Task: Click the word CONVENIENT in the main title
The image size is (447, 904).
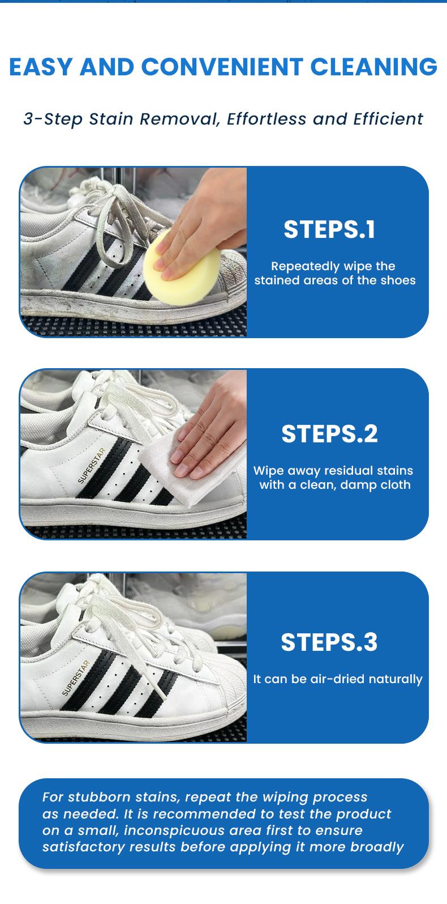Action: point(222,67)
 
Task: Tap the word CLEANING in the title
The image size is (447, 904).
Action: point(374,67)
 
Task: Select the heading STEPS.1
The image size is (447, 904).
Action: point(329,229)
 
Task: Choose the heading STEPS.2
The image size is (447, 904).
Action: point(329,434)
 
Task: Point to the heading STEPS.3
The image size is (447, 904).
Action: point(329,642)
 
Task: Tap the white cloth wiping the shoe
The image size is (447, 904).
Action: point(170,459)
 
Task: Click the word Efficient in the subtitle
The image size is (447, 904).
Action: point(388,119)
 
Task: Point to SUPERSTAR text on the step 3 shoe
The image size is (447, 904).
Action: point(76,678)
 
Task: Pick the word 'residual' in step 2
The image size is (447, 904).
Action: point(351,471)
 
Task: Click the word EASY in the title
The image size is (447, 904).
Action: point(41,67)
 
